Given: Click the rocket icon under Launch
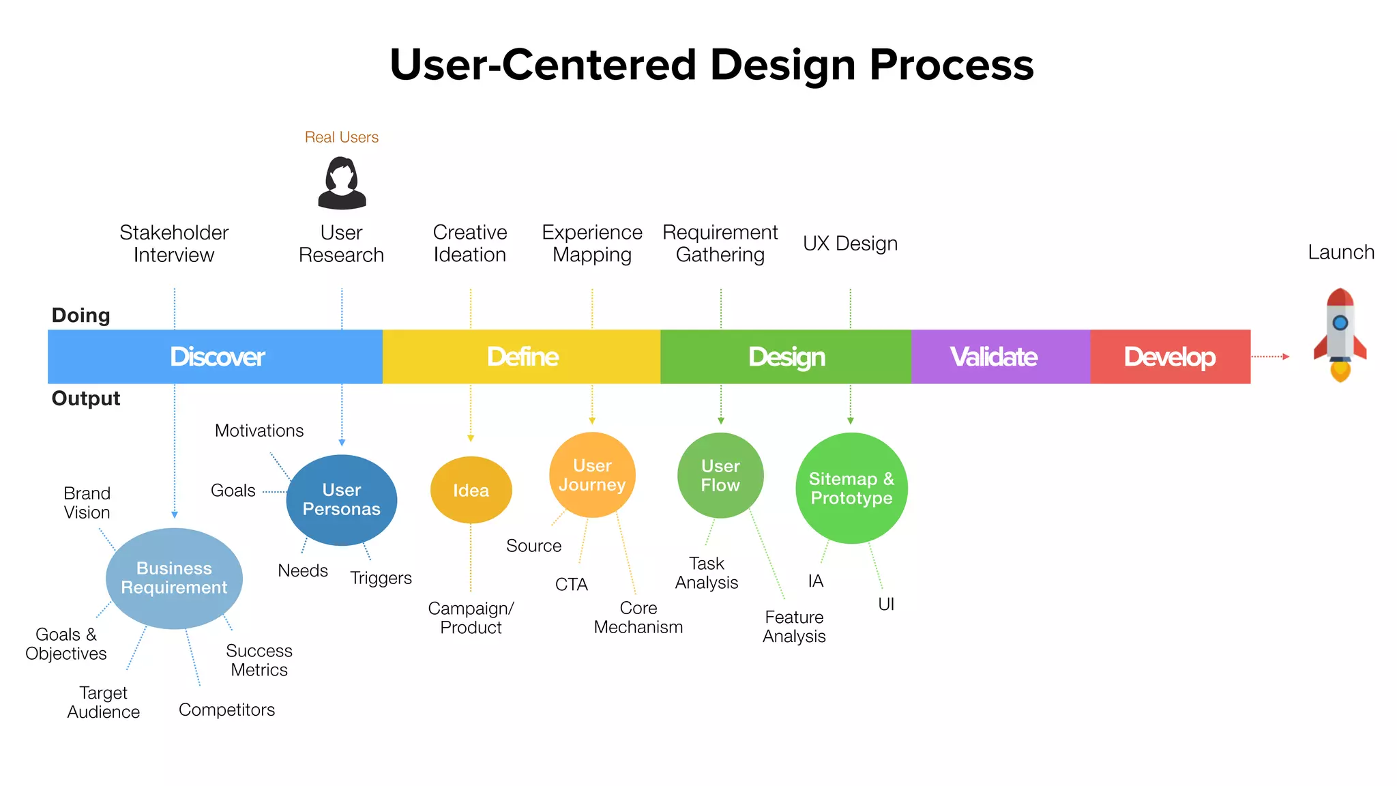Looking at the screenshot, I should click(x=1340, y=334).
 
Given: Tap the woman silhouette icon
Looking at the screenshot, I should click(x=342, y=183).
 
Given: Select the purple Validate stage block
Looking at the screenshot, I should click(x=1000, y=357).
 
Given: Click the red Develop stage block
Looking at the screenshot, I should click(x=1170, y=357).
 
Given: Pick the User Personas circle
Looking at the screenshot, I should click(x=342, y=499).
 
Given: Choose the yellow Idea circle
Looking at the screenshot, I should click(x=471, y=490).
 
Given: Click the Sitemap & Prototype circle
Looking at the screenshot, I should click(x=851, y=489).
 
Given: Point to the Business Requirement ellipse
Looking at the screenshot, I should click(x=174, y=578).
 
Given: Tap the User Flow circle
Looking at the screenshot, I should click(x=720, y=476).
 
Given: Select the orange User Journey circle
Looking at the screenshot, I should click(x=592, y=475).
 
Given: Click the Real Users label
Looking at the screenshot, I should click(x=341, y=137).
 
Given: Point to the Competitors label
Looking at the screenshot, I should click(x=226, y=710).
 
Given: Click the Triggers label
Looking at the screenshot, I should click(x=381, y=578).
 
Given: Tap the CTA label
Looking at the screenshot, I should click(x=571, y=585).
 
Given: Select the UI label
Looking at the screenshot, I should click(x=885, y=604).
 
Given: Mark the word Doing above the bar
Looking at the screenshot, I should click(x=80, y=315).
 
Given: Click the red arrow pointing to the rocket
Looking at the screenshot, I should click(x=1270, y=356).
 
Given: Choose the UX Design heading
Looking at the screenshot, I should click(x=850, y=244).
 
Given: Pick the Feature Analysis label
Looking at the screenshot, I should click(x=794, y=626).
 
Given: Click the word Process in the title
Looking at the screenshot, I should click(x=951, y=65).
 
